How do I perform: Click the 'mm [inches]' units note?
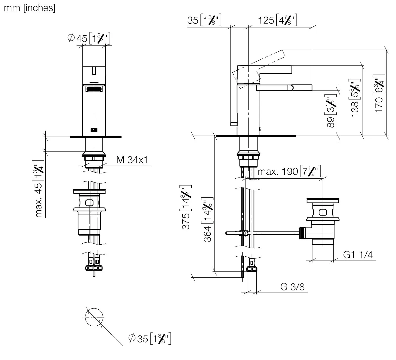click(30, 8)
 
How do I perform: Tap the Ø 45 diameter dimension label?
click(89, 39)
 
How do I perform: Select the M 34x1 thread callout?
click(132, 160)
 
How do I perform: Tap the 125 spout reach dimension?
click(277, 20)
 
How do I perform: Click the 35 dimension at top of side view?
click(204, 20)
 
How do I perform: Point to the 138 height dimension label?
click(355, 98)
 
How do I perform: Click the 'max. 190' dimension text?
click(289, 172)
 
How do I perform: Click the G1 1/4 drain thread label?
click(358, 255)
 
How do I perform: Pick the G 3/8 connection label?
click(292, 287)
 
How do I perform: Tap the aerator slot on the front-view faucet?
click(94, 89)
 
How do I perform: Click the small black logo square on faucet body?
click(94, 130)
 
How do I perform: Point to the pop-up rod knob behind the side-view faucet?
click(234, 124)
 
